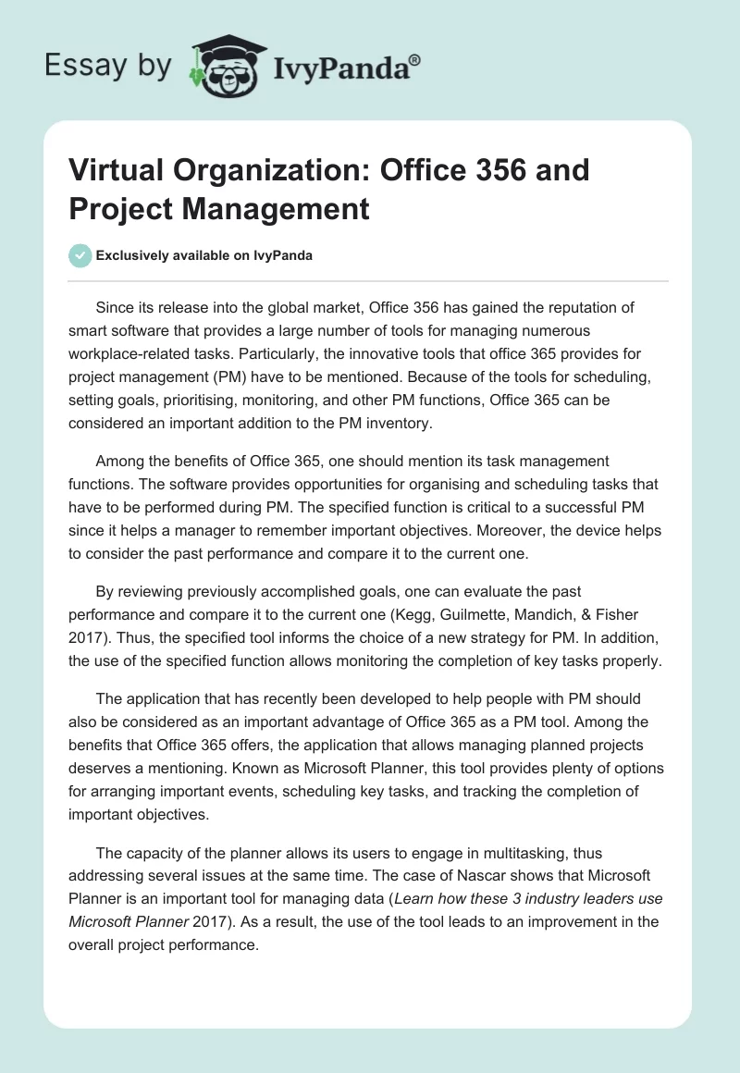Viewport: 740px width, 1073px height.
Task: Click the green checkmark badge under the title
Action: [x=80, y=256]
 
